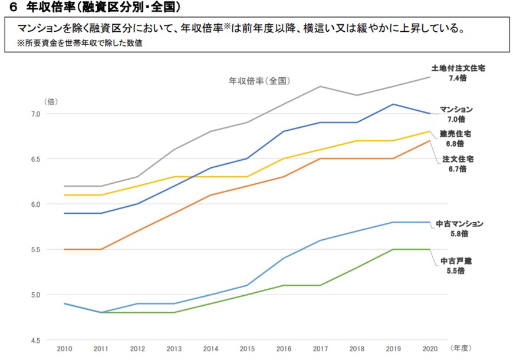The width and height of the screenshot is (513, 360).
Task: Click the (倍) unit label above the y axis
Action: pyautogui.click(x=51, y=101)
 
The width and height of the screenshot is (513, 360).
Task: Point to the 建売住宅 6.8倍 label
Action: pyautogui.click(x=456, y=138)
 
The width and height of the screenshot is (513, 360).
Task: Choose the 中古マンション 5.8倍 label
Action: pyautogui.click(x=459, y=229)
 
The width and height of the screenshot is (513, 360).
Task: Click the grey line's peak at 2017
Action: pyautogui.click(x=320, y=87)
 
